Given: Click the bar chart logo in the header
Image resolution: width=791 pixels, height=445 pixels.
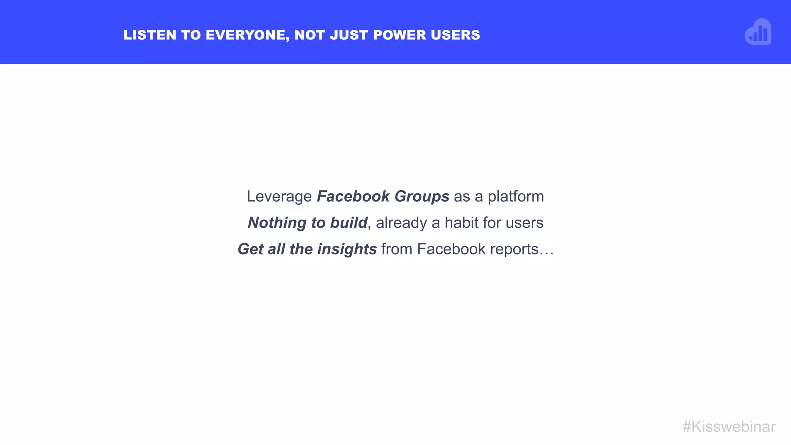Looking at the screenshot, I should (x=758, y=32).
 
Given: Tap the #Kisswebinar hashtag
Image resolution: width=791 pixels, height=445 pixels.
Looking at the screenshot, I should (x=728, y=427).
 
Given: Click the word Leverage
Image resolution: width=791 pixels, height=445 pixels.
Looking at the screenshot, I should (x=279, y=197).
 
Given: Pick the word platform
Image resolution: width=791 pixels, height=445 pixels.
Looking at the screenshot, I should (x=516, y=197).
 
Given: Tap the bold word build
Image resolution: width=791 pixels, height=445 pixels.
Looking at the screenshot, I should (x=348, y=223).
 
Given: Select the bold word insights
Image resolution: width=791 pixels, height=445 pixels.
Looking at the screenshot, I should (x=347, y=249).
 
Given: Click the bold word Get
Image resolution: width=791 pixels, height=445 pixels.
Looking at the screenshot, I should (x=251, y=249).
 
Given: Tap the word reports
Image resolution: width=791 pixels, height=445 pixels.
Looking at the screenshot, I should (x=514, y=249).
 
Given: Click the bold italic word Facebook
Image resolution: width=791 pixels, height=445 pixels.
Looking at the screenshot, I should (x=353, y=197).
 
